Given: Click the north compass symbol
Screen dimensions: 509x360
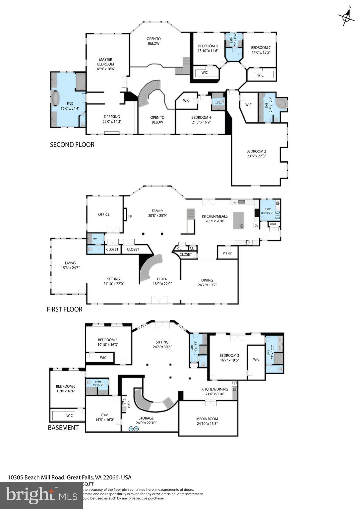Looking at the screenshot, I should click(346, 16).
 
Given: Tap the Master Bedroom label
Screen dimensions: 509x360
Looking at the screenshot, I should click(105, 62).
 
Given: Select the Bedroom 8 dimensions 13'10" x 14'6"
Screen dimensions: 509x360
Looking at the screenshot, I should click(208, 51).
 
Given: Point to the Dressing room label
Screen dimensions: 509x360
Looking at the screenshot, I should click(112, 117).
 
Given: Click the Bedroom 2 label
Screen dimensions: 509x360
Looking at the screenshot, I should click(256, 151).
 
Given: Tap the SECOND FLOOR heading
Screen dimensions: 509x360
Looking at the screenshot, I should click(72, 145).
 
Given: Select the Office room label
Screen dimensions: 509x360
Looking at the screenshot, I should click(104, 214).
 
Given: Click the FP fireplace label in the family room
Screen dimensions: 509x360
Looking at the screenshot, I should click(130, 216).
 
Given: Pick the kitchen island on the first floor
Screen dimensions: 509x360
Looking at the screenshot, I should click(238, 220).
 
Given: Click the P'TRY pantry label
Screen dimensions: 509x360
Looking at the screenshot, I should click(227, 253).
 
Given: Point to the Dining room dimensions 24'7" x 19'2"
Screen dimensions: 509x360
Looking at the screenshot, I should click(207, 285).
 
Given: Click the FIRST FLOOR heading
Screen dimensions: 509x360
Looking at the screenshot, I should click(64, 310).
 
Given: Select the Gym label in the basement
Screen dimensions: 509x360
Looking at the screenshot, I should click(104, 415).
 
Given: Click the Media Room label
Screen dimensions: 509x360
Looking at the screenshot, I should click(207, 419).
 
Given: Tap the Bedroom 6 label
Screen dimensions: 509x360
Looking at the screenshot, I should click(66, 386).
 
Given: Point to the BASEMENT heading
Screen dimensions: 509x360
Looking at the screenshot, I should click(63, 428).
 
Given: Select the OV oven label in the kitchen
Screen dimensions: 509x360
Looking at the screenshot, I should click(256, 225).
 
